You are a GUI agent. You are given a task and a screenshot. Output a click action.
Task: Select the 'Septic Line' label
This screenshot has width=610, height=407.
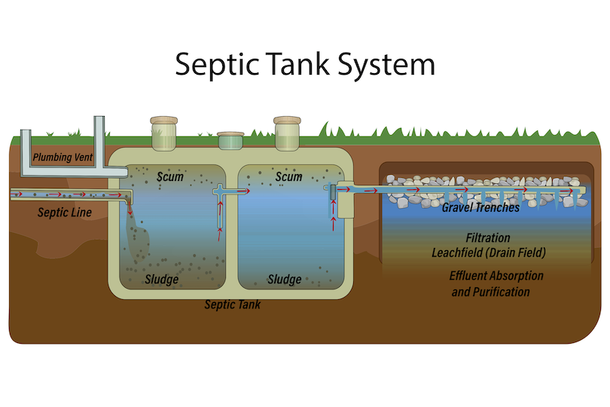(65, 213)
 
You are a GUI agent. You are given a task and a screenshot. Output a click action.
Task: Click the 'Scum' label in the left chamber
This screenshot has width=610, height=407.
(170, 176)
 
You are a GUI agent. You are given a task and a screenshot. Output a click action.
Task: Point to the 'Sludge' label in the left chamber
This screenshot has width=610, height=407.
(161, 280)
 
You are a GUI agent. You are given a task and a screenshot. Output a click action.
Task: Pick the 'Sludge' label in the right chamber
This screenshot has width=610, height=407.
(285, 280)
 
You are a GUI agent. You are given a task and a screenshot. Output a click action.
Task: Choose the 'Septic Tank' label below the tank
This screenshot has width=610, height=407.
(233, 305)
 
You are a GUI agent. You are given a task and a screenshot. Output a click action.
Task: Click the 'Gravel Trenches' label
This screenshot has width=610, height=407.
(480, 207)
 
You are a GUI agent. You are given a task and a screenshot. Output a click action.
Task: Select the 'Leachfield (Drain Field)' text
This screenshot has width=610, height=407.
(488, 252)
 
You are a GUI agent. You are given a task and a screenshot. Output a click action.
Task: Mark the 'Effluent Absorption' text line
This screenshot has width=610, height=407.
(496, 276)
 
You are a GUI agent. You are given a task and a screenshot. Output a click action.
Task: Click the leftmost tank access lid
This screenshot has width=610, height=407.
(164, 133)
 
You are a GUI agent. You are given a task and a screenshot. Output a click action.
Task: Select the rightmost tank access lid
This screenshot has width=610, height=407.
(288, 133)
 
